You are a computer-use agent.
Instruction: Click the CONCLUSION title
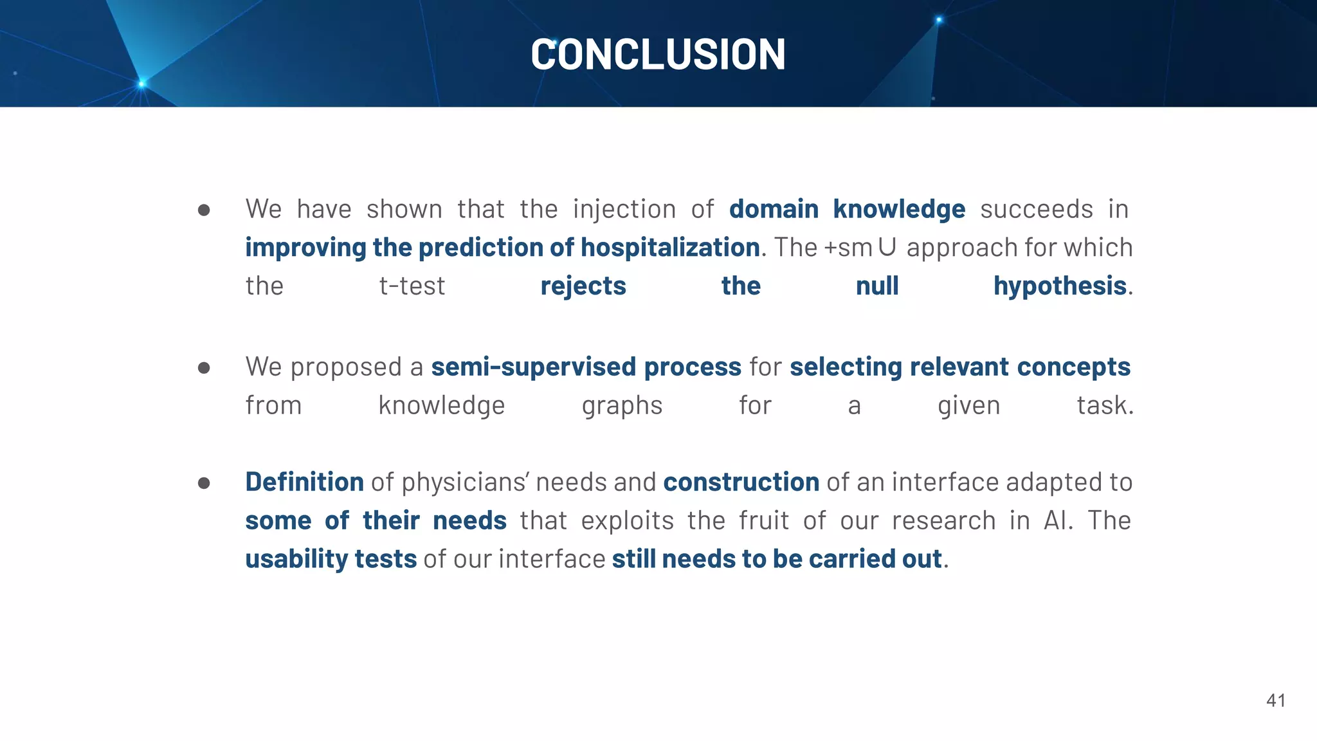(x=658, y=54)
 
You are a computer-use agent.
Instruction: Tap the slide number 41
(x=1276, y=700)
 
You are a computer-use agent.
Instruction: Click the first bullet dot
(x=204, y=210)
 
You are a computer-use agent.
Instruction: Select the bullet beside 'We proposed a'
(x=204, y=368)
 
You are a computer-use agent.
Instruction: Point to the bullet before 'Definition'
(x=204, y=483)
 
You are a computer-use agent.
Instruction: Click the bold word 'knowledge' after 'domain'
(x=899, y=210)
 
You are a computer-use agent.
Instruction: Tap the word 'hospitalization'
(x=670, y=248)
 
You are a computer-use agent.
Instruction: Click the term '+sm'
(x=848, y=248)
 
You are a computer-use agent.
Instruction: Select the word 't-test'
(x=412, y=286)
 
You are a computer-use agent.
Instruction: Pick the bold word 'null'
(x=877, y=286)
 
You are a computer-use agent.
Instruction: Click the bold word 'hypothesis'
(x=1060, y=286)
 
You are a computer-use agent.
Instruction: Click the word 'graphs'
(x=622, y=406)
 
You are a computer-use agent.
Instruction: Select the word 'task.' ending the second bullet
(x=1105, y=406)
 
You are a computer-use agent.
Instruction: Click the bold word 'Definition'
(x=304, y=482)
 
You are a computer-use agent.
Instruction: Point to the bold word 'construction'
(x=741, y=482)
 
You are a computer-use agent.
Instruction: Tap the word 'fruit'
(x=763, y=520)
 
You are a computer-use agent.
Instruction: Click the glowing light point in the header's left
(x=142, y=84)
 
